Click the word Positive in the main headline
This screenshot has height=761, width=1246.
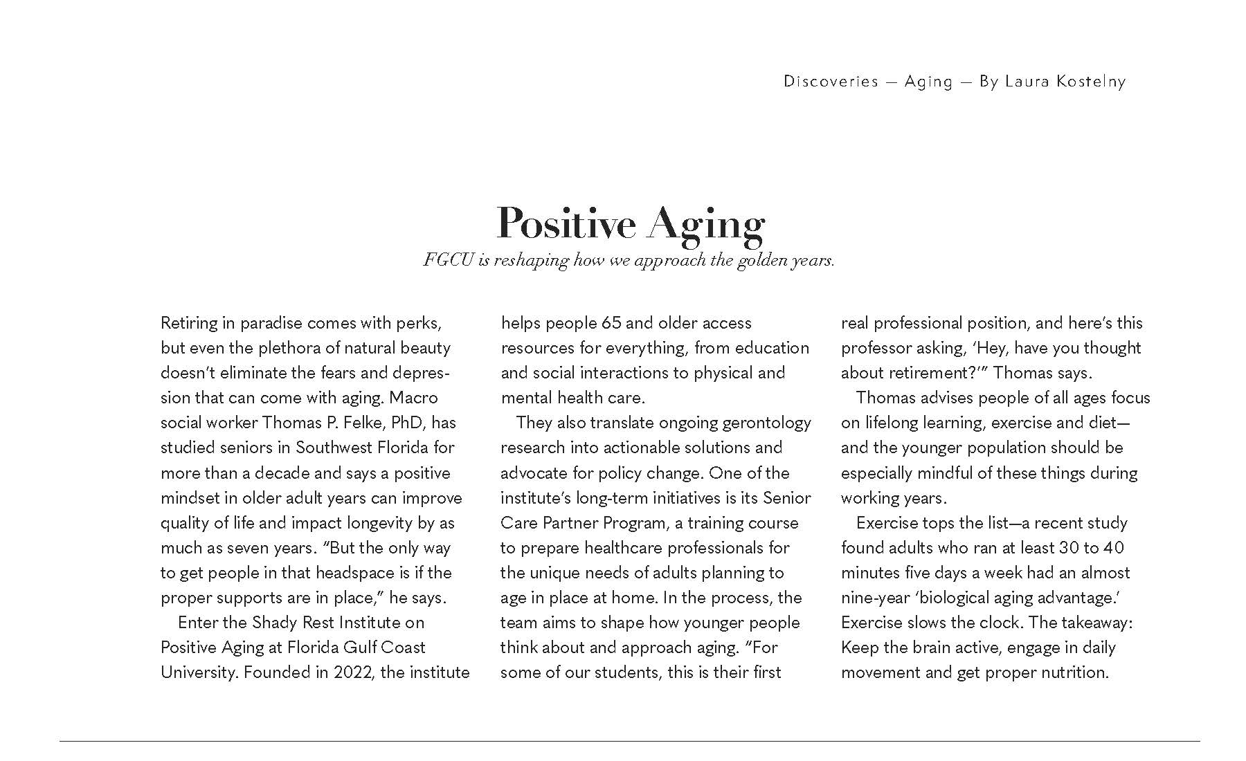tap(566, 223)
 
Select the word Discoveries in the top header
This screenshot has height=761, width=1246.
tap(831, 82)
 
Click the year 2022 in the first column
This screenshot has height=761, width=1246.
tap(352, 672)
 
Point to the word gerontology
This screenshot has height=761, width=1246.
tap(767, 423)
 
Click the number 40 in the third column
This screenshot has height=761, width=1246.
tap(1114, 548)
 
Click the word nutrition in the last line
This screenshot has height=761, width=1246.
tap(1074, 672)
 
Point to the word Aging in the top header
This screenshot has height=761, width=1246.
tap(928, 82)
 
